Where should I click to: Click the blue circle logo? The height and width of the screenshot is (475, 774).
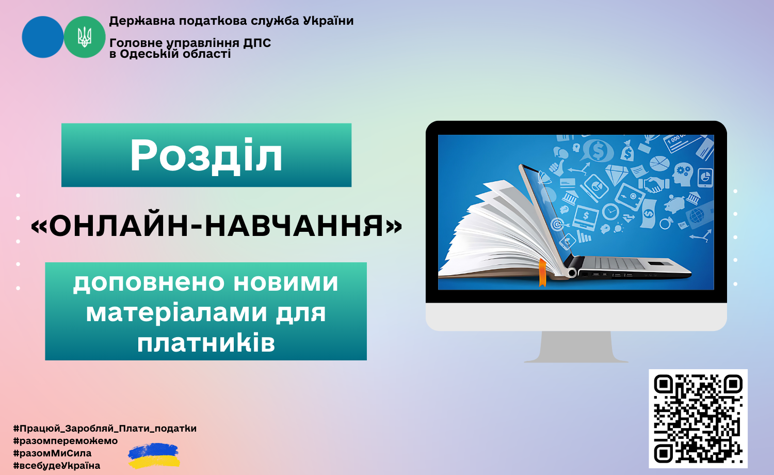coord(42,37)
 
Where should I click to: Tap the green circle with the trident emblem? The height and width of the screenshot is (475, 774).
coord(85,37)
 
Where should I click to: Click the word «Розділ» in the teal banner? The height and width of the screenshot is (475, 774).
coord(206,155)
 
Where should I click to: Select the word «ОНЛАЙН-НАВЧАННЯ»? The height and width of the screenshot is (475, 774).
coord(217,227)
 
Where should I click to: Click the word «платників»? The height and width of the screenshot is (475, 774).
coord(206,343)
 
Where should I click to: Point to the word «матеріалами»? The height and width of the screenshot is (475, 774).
coord(176,312)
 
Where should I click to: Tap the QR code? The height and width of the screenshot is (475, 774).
coord(698,419)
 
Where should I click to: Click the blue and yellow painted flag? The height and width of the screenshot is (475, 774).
coord(154,456)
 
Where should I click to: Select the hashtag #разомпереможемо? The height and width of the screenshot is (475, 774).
coord(66,441)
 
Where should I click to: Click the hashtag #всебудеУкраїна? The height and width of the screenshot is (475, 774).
coord(57,466)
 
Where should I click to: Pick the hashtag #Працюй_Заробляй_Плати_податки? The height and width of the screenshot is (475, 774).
coord(105,429)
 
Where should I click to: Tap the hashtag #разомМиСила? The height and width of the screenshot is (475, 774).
coord(52,453)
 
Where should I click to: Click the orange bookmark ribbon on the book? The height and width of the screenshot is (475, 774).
coord(542,273)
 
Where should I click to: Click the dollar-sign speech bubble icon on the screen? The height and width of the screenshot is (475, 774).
coord(598,151)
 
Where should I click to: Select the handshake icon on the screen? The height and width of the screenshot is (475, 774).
coord(653,185)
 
